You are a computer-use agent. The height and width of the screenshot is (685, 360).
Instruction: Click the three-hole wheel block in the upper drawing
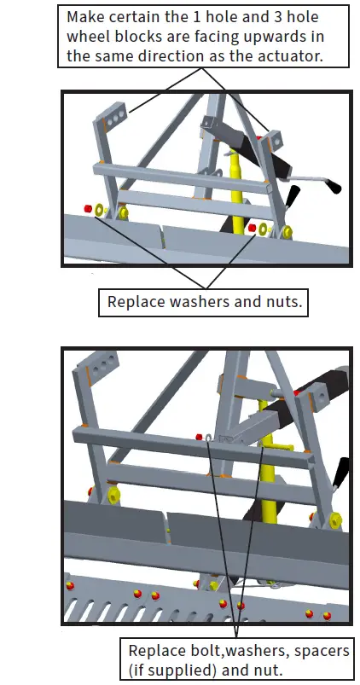113,109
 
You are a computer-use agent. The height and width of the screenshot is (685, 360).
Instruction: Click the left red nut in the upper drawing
87,208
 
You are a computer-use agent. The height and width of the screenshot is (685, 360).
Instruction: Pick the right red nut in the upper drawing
252,227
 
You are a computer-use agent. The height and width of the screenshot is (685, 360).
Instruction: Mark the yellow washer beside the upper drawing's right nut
265,229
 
